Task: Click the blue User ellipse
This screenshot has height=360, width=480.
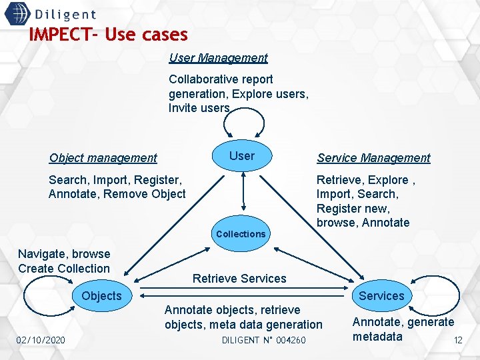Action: pos(242,156)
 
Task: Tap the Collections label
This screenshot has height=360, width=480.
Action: pos(241,234)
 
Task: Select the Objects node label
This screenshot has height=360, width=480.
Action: pos(101,296)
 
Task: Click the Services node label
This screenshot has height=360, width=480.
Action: pos(381,296)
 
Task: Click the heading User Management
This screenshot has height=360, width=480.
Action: pos(218,58)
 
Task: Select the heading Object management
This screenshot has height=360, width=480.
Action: pos(103,158)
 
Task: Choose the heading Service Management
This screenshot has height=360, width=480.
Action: pos(373,158)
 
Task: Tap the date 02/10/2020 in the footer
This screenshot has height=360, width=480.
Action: pos(41,341)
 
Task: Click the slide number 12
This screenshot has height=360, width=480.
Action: pos(458,341)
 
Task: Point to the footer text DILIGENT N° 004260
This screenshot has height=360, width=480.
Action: pos(263,341)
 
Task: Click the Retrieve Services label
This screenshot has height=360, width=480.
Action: pos(239,279)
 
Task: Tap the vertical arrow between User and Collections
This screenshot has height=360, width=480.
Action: pos(243,193)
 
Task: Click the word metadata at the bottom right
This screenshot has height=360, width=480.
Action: pos(377,337)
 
